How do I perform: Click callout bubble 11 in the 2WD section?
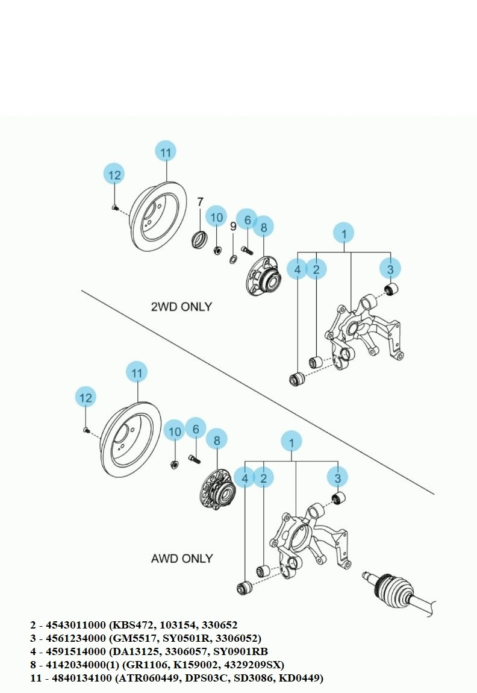click(166, 152)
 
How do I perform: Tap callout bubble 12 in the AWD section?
click(86, 397)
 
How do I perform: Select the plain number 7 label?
click(201, 202)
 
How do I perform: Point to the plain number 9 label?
click(233, 226)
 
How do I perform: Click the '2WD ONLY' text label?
click(181, 306)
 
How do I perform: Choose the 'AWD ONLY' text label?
click(181, 559)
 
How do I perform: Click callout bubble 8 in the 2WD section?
click(263, 227)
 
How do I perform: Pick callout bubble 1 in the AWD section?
click(291, 443)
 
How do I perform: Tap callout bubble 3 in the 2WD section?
click(390, 269)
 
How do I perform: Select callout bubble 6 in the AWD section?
click(196, 429)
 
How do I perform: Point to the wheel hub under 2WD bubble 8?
click(264, 277)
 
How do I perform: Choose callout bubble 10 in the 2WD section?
click(217, 217)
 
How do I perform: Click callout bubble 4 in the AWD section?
click(245, 478)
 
